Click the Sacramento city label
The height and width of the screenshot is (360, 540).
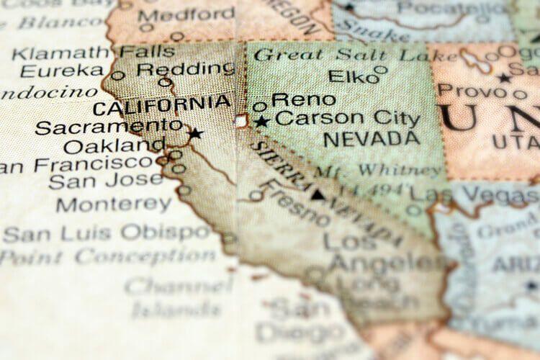(x=108, y=127)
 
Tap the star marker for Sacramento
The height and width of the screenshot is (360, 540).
(x=195, y=133)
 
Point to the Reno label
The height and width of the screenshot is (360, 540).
(x=303, y=100)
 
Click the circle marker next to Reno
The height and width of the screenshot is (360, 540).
(x=260, y=106)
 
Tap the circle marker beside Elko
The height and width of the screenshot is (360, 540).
(x=381, y=70)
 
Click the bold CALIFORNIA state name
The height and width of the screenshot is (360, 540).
(x=161, y=108)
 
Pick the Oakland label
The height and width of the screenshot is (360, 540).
(x=114, y=147)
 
